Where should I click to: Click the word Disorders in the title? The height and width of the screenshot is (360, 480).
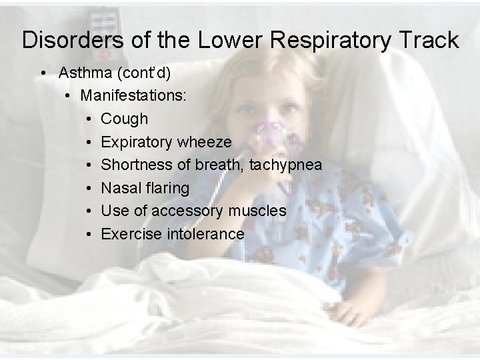(71, 40)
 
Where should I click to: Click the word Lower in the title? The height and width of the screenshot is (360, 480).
(221, 40)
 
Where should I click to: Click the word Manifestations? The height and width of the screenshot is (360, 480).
(133, 95)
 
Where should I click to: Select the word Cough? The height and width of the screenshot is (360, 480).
(125, 119)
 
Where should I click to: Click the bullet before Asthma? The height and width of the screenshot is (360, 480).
(43, 72)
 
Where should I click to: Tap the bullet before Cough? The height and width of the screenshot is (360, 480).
(89, 119)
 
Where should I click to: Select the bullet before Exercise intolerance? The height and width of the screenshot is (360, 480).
(89, 234)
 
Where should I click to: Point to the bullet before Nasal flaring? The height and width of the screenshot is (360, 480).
(89, 188)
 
